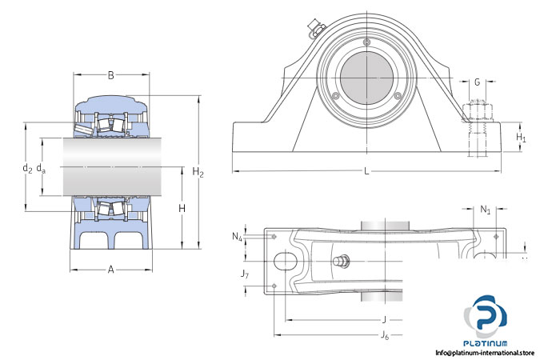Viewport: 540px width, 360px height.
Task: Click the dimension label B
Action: pyautogui.click(x=111, y=76)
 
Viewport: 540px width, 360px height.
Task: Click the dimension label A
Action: pyautogui.click(x=111, y=270)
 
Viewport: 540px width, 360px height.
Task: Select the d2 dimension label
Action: pyautogui.click(x=27, y=168)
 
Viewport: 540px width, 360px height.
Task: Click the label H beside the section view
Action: pyautogui.click(x=182, y=208)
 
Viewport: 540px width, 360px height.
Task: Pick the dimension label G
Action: pyautogui.click(x=478, y=82)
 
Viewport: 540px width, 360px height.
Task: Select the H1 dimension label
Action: pyautogui.click(x=521, y=138)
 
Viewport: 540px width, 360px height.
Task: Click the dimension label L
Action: pyautogui.click(x=366, y=171)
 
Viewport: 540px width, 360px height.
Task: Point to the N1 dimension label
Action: pyautogui.click(x=486, y=210)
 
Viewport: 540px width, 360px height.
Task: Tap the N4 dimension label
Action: pyautogui.click(x=238, y=236)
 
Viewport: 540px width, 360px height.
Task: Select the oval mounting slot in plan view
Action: pyautogui.click(x=284, y=261)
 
